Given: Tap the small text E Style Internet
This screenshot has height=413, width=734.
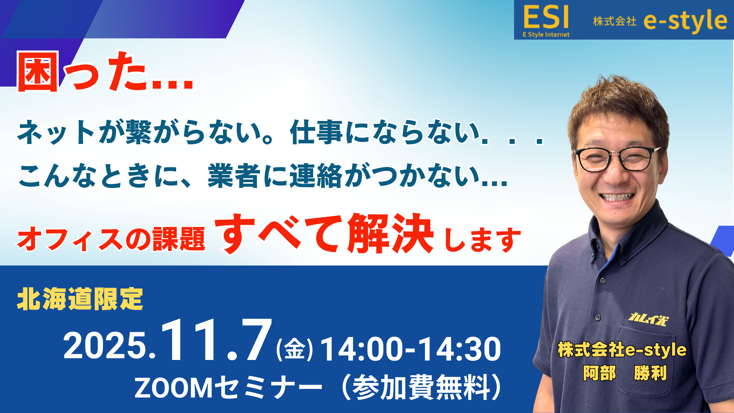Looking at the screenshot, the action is [x=546, y=35].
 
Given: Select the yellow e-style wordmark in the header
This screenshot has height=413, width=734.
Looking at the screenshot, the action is [x=686, y=21].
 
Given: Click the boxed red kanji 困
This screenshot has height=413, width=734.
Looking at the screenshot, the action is [x=38, y=72].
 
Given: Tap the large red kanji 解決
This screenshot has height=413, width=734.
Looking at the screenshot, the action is [x=390, y=234].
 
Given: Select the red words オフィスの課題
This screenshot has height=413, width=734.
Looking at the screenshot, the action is [x=111, y=239].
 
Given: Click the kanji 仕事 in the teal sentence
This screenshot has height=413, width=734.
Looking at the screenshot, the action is [x=316, y=132].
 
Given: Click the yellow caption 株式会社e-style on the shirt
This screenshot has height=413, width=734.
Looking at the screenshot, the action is [x=622, y=350].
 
